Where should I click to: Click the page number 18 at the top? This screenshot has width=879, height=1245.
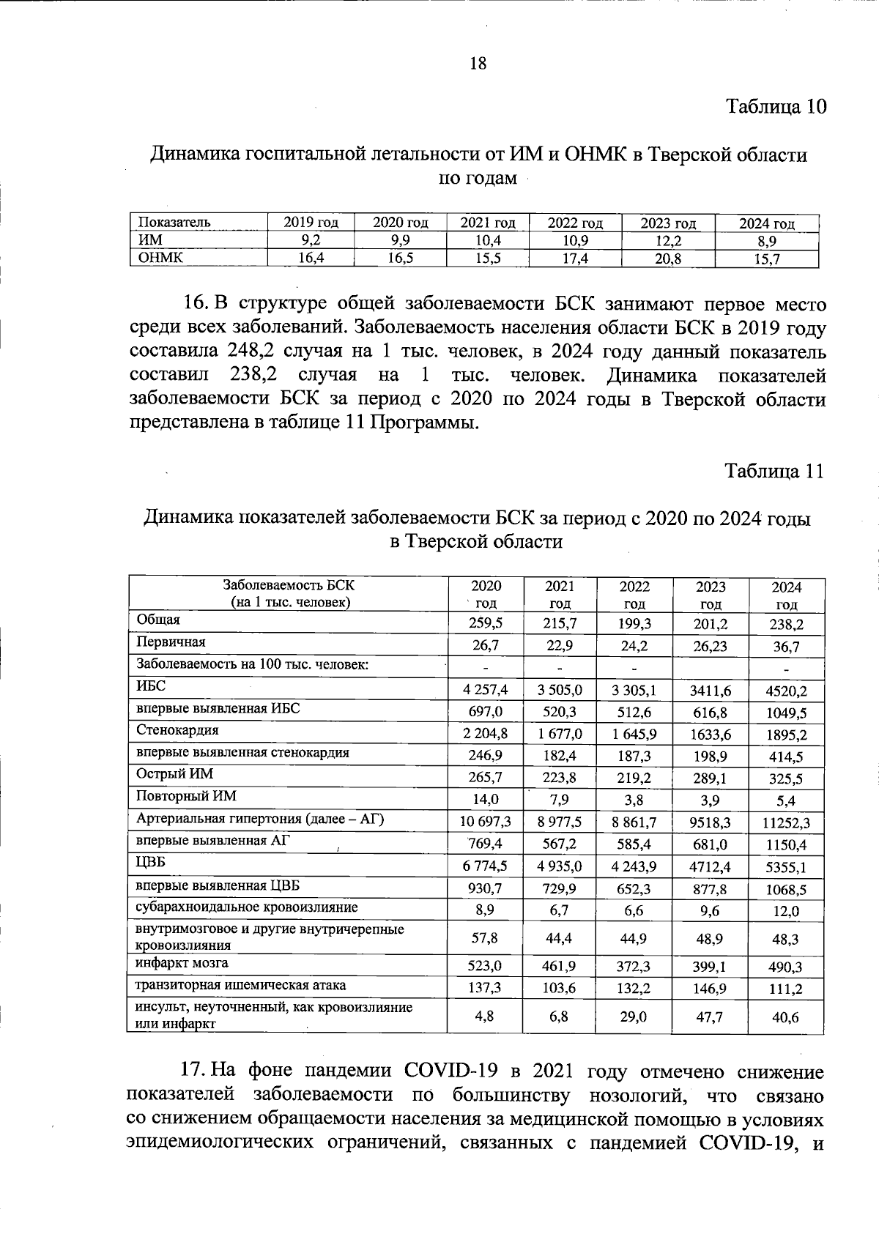pyautogui.click(x=477, y=64)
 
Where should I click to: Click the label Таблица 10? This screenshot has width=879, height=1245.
pyautogui.click(x=776, y=107)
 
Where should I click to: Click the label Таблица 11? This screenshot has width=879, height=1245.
pyautogui.click(x=774, y=471)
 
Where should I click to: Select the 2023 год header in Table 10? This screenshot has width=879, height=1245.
pyautogui.click(x=667, y=223)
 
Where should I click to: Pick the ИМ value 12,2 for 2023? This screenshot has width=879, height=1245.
pyautogui.click(x=667, y=241)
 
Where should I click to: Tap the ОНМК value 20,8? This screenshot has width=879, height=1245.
pyautogui.click(x=667, y=259)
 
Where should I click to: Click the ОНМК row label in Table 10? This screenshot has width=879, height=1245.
pyautogui.click(x=160, y=257)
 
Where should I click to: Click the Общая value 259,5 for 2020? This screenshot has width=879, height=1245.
pyautogui.click(x=486, y=624)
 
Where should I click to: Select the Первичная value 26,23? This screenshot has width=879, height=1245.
pyautogui.click(x=711, y=646)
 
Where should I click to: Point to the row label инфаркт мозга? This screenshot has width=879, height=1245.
pyautogui.click(x=182, y=963)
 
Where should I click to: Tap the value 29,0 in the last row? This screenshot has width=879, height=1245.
pyautogui.click(x=634, y=1017)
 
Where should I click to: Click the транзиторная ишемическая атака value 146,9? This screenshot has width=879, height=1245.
pyautogui.click(x=711, y=989)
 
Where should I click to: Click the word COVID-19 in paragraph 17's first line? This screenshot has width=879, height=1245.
pyautogui.click(x=451, y=1071)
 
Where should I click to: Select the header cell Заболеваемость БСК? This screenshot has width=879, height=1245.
pyautogui.click(x=288, y=586)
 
